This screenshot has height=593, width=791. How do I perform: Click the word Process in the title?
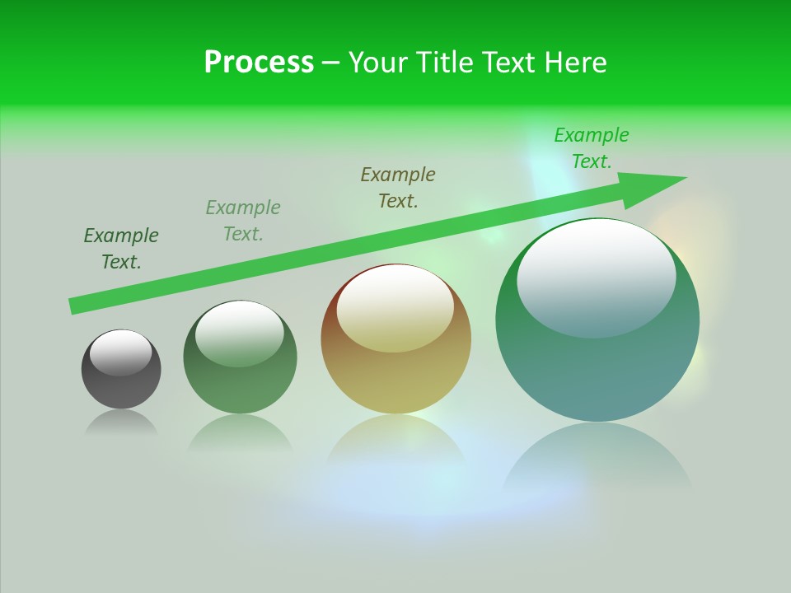(x=259, y=63)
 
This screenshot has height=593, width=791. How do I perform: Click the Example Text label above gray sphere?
(x=121, y=249)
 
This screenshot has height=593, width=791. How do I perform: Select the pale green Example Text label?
(x=243, y=221)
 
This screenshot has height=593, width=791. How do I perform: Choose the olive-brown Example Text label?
(x=398, y=188)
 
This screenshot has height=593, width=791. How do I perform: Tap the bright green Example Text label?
(x=592, y=148)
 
